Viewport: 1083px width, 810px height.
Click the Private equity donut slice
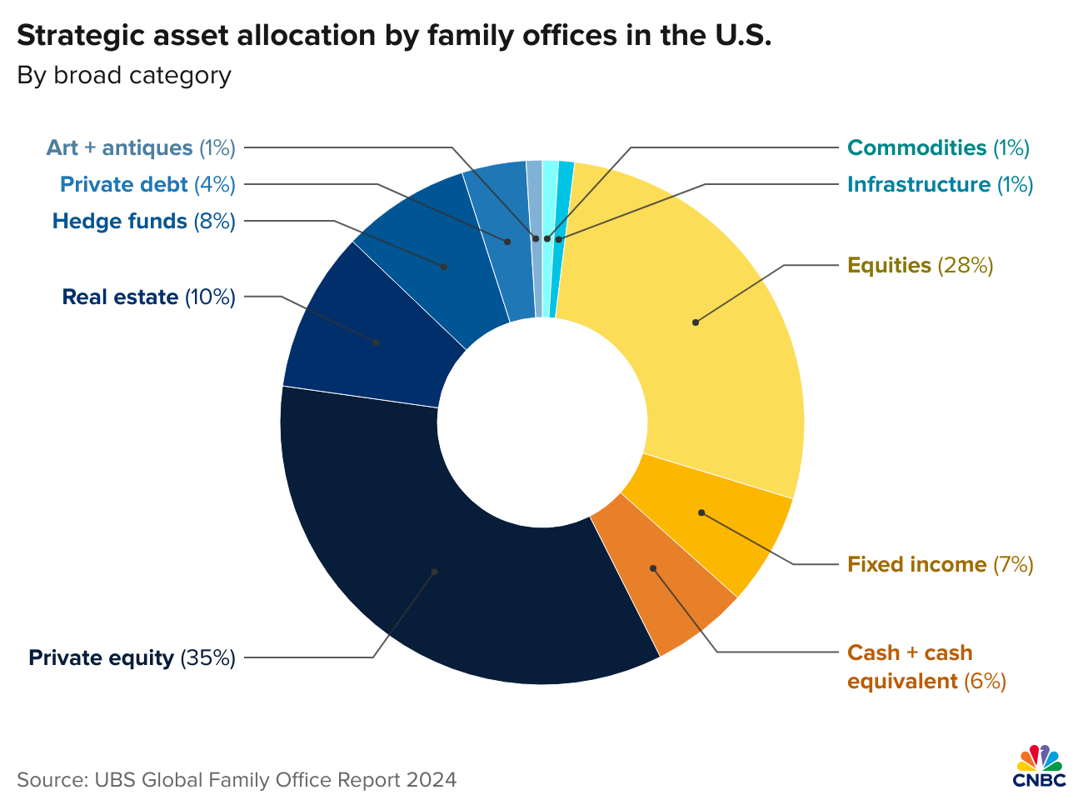(x=434, y=572)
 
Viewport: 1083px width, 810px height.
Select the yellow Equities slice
(x=695, y=322)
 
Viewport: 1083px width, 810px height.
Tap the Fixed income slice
(x=701, y=512)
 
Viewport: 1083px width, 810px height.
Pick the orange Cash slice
(x=653, y=568)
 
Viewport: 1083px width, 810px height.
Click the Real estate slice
(x=377, y=342)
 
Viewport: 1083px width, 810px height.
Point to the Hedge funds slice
(x=444, y=267)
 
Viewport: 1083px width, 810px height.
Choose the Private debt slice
(x=507, y=242)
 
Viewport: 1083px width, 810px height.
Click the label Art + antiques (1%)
(x=141, y=148)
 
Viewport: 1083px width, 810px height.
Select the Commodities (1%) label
(x=938, y=148)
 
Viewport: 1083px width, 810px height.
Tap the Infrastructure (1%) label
(x=940, y=185)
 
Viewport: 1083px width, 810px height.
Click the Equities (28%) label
(x=920, y=266)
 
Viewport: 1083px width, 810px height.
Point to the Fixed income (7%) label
(x=940, y=565)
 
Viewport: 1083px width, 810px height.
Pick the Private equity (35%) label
(x=132, y=658)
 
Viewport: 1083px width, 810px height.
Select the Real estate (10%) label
(x=149, y=297)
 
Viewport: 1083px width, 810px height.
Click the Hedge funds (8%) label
(x=144, y=222)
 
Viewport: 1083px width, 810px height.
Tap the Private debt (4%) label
(x=147, y=185)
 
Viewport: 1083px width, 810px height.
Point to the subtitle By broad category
(x=124, y=76)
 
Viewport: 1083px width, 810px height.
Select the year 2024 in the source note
(x=432, y=780)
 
